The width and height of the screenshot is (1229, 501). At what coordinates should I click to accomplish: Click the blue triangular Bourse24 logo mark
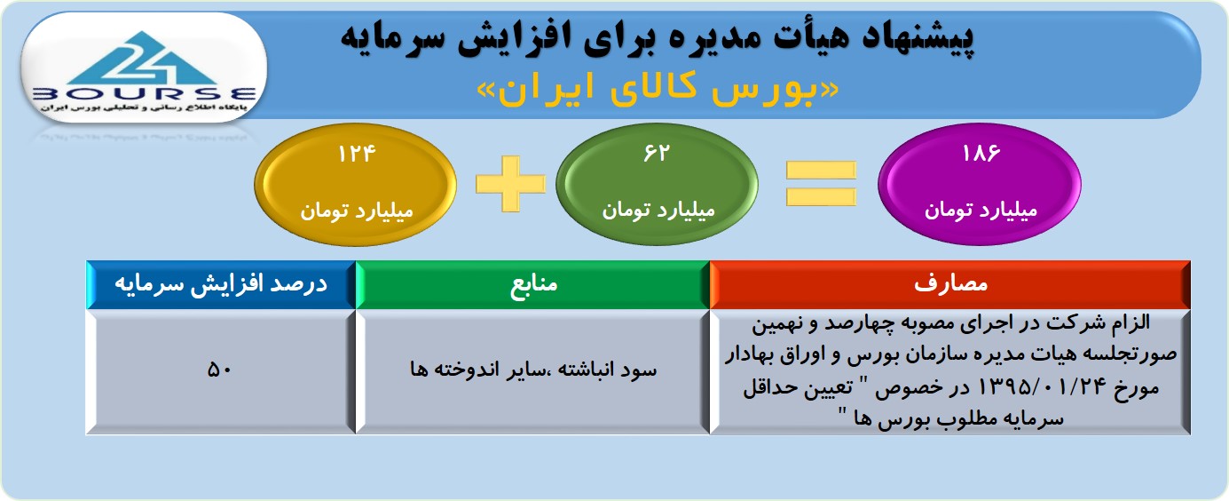(144, 60)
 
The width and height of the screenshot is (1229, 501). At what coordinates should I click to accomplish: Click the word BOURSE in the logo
(145, 94)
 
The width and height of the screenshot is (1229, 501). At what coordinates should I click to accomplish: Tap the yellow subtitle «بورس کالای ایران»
(658, 91)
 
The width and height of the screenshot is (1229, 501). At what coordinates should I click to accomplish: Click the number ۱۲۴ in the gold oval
(357, 154)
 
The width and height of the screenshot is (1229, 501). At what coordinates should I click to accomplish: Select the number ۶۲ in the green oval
(657, 153)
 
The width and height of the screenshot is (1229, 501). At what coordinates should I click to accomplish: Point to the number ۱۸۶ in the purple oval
(981, 153)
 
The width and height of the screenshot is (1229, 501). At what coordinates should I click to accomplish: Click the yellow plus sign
(510, 184)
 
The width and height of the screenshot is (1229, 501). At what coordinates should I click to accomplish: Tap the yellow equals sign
(821, 184)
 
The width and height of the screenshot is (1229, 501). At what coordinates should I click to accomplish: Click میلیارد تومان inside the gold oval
(357, 211)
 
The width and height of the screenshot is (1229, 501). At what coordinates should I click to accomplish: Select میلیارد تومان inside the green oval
(658, 211)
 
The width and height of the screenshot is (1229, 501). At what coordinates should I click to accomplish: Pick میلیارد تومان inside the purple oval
(981, 211)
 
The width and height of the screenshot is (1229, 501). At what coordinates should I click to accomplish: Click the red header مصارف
(950, 284)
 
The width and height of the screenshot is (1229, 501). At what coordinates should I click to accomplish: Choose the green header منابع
(532, 284)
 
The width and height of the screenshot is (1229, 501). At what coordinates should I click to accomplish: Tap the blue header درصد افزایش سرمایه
(221, 284)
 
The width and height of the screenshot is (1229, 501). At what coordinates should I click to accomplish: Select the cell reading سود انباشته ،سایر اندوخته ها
(532, 371)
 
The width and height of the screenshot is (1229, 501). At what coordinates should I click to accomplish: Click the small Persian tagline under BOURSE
(144, 107)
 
